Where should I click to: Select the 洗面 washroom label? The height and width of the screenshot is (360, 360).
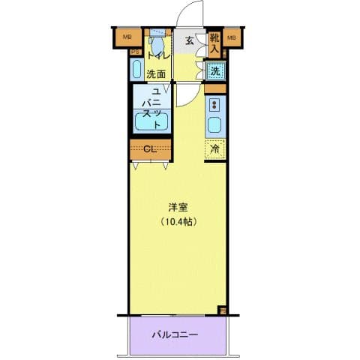155,73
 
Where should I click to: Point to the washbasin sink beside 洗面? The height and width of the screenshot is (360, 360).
136,70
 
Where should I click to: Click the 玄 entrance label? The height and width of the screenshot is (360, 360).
190,42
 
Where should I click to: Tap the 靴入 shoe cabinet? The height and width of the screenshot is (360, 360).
214,43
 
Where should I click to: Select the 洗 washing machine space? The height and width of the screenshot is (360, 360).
214,71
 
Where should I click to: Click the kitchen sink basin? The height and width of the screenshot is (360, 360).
214,125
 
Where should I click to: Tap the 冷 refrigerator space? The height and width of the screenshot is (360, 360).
214,148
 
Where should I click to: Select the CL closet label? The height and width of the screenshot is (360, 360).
149,148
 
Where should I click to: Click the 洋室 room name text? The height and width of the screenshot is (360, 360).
178,207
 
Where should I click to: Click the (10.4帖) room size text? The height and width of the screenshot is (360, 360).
178,222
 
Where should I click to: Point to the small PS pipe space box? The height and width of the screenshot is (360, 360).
135,52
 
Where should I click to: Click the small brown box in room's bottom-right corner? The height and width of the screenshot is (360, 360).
222,309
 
